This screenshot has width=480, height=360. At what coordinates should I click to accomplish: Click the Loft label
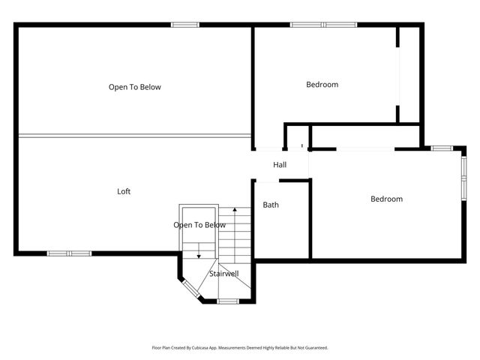[x=124, y=191]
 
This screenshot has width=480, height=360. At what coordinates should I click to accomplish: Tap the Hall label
[x=280, y=165]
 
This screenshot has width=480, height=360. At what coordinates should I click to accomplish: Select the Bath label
[x=271, y=204]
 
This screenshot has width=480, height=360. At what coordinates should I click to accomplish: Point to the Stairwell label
[x=224, y=274]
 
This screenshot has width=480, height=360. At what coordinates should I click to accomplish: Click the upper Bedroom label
[x=322, y=84]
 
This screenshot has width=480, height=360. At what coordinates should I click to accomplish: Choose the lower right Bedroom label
[x=386, y=199]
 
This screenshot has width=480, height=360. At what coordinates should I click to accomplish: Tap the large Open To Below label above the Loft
[x=135, y=87]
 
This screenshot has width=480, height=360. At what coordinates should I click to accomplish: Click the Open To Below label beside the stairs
[x=199, y=225]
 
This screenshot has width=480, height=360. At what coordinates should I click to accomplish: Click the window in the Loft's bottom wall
[x=69, y=253]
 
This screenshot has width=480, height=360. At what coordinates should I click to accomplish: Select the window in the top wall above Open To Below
[x=185, y=25]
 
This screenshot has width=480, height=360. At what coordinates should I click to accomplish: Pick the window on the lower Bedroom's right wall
[x=463, y=178]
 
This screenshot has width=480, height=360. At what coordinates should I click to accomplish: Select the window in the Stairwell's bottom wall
[x=228, y=301]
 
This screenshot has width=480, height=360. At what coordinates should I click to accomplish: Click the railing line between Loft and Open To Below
[x=135, y=136]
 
